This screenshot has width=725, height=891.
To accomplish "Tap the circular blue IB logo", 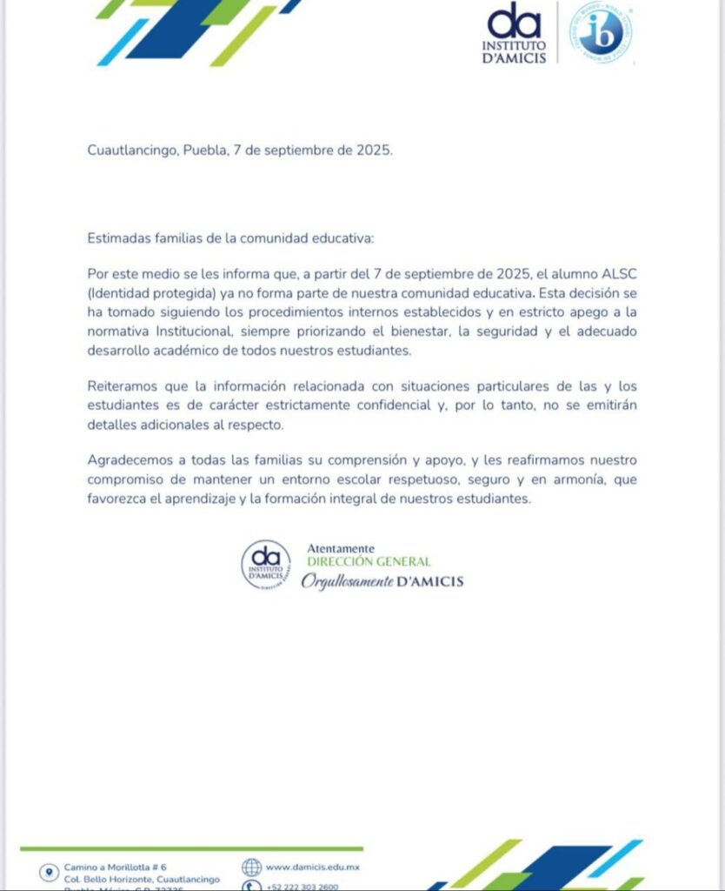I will pyautogui.click(x=600, y=32).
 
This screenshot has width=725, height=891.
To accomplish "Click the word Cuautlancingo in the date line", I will pyautogui.click(x=133, y=150).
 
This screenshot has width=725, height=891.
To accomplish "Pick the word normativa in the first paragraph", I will pyautogui.click(x=119, y=332).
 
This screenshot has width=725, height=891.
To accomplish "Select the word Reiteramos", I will pyautogui.click(x=123, y=385).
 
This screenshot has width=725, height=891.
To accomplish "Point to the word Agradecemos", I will pyautogui.click(x=130, y=459).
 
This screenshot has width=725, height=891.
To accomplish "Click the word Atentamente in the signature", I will pyautogui.click(x=341, y=549).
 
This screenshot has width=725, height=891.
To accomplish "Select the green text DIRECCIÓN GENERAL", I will pyautogui.click(x=369, y=562).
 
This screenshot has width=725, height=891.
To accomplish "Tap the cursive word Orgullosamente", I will pyautogui.click(x=347, y=581).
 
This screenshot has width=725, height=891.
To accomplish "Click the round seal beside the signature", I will pyautogui.click(x=266, y=565).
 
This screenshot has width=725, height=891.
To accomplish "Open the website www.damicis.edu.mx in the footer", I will pyautogui.click(x=313, y=868).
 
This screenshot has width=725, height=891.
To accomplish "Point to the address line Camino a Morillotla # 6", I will pyautogui.click(x=115, y=868).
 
